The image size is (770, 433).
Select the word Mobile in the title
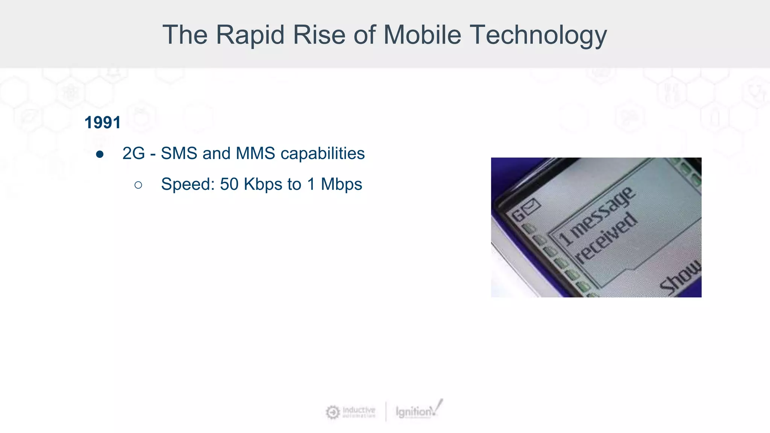[422, 35]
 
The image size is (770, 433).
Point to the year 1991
[103, 123]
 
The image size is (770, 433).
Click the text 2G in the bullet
[133, 153]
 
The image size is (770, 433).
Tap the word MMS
[255, 153]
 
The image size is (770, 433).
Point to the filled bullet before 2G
[100, 154]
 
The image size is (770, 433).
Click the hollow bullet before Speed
[138, 185]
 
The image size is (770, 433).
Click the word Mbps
[341, 184]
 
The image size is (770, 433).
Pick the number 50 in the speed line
[229, 184]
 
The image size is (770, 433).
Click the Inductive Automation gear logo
[332, 412]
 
